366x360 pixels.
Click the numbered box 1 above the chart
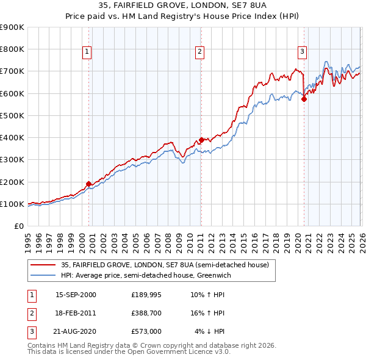88,52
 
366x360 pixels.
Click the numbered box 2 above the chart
199,52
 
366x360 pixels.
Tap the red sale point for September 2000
88,183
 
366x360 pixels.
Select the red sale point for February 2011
201,140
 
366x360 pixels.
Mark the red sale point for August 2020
304,99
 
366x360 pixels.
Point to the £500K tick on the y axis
12,115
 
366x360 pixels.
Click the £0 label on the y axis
19,226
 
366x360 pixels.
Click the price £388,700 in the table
146,313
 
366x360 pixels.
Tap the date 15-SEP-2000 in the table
76,295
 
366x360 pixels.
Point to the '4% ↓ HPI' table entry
210,331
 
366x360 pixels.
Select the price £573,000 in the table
146,331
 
